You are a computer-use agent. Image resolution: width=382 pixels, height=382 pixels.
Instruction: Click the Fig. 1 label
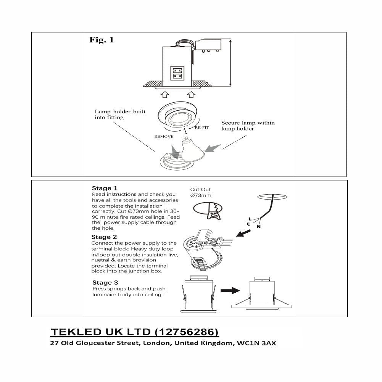click(102, 40)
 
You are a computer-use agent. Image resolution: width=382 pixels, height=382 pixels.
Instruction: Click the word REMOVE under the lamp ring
click(164, 136)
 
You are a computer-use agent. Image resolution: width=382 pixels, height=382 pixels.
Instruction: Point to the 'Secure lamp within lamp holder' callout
click(248, 126)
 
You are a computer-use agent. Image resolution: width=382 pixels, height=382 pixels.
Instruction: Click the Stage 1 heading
click(105, 188)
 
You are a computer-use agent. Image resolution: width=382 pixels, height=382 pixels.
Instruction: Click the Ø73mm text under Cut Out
click(200, 195)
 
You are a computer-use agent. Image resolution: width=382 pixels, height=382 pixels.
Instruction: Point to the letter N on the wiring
click(259, 227)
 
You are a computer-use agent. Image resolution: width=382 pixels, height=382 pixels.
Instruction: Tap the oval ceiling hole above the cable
click(272, 196)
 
